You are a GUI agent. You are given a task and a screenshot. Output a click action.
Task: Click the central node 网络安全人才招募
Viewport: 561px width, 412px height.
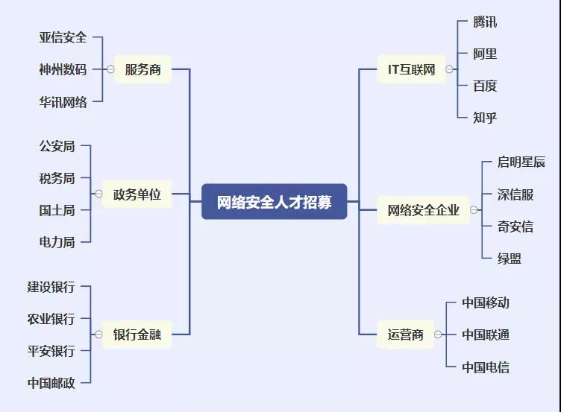(275, 201)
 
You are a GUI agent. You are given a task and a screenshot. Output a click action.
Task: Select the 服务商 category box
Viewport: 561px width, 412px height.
(142, 69)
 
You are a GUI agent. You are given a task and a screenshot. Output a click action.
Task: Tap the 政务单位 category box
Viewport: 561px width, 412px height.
(137, 194)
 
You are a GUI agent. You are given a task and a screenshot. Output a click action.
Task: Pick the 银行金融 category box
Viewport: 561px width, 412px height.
(137, 335)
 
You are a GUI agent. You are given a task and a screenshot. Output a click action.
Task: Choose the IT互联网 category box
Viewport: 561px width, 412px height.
(410, 69)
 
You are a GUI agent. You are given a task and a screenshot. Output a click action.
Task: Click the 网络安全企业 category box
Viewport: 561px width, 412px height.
(423, 210)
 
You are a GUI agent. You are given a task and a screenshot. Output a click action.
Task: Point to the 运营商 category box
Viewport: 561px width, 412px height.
(405, 335)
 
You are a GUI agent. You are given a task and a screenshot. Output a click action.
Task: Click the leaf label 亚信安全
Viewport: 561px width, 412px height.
(63, 37)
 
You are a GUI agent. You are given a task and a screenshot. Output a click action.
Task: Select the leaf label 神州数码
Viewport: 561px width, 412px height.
(63, 69)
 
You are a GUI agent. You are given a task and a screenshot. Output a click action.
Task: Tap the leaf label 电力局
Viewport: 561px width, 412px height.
(57, 241)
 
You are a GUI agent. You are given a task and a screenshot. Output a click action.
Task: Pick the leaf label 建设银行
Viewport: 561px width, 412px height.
(51, 287)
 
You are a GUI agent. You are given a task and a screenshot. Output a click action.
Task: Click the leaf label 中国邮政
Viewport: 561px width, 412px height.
(51, 383)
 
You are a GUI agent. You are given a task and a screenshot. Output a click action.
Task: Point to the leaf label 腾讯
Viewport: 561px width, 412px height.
(485, 22)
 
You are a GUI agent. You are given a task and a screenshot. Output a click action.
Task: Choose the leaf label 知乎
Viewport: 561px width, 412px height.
(485, 117)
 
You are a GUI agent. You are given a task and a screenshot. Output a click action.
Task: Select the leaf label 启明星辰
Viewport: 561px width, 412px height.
(521, 162)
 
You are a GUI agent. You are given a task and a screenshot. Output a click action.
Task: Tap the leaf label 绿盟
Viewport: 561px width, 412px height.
(510, 258)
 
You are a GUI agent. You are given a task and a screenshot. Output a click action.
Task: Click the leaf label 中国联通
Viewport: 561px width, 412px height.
(486, 335)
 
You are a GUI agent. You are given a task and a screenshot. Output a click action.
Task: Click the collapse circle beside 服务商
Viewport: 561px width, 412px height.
(110, 69)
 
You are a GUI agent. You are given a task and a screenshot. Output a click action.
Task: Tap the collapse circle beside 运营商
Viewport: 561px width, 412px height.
(438, 335)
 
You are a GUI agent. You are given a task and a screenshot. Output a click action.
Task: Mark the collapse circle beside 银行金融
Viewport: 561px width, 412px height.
(98, 335)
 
